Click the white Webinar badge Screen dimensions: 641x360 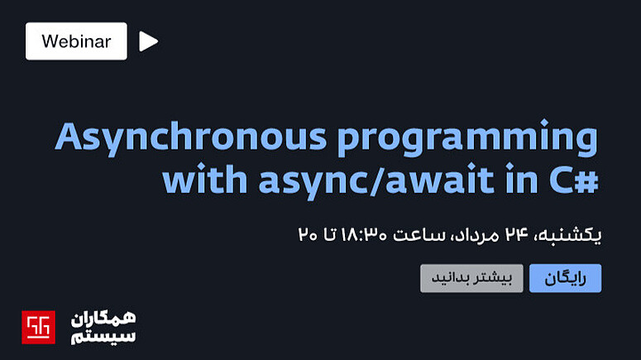point(76,41)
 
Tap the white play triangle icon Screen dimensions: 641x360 point(148,41)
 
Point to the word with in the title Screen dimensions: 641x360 point(205,179)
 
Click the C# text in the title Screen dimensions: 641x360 point(574,180)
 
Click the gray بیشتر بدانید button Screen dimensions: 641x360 point(471,278)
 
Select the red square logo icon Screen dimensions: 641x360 point(38,327)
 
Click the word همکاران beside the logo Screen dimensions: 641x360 point(103,319)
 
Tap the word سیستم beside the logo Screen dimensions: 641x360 point(103,336)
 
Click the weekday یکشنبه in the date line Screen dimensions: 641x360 point(574,235)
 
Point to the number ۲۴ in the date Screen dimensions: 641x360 point(517,234)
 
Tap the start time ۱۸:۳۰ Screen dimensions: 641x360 point(364,234)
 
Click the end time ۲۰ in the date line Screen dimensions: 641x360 point(308,234)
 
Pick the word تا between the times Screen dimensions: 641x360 point(329,234)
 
